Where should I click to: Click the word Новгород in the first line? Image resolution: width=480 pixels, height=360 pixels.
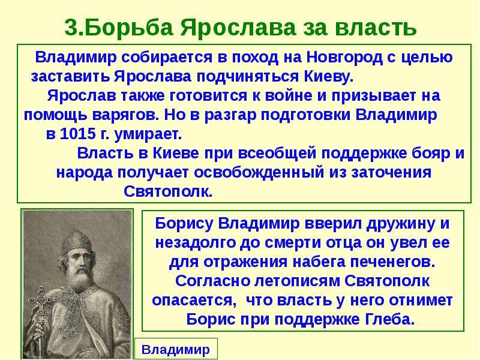pyautogui.click(x=344, y=57)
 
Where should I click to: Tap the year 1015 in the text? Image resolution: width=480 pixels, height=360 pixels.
pyautogui.click(x=78, y=134)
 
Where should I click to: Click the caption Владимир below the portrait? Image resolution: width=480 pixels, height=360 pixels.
pyautogui.click(x=176, y=349)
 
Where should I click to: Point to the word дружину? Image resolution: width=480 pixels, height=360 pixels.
pyautogui.click(x=401, y=224)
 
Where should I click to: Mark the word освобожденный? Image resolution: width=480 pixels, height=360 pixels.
pyautogui.click(x=259, y=172)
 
